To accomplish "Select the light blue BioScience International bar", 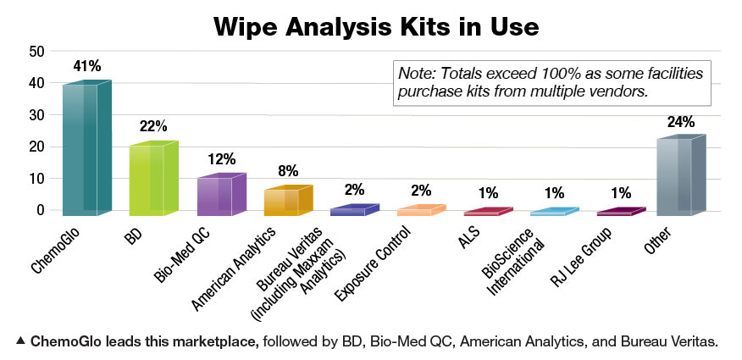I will [554, 212].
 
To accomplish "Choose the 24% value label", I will [680, 122].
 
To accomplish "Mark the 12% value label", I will [221, 158].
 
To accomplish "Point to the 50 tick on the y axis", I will [36, 52].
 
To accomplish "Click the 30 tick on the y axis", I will [36, 115].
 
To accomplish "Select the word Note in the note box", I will [415, 73].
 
